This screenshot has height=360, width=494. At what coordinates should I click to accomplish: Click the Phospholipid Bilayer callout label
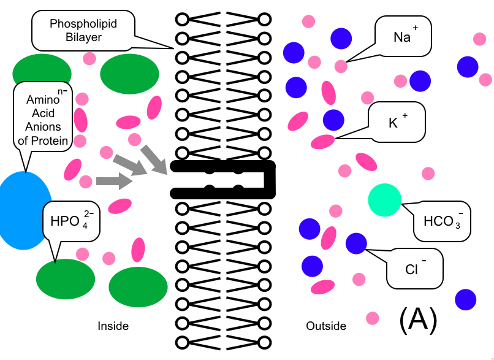coord(83,30)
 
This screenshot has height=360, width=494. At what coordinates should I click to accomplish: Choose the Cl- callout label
coord(414,268)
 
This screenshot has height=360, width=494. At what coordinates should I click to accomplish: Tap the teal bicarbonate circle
coord(384,200)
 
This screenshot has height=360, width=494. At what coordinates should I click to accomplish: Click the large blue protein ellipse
coord(25,210)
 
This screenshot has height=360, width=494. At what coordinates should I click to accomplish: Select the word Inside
coord(113,326)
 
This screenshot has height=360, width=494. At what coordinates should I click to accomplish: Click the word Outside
coord(326,326)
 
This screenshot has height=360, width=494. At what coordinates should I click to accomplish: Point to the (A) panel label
coord(418,319)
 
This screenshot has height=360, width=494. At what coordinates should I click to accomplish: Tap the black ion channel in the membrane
coord(224,180)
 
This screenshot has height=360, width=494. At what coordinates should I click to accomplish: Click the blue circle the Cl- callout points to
coord(356,244)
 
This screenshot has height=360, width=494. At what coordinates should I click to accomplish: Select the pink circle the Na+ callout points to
coord(341,66)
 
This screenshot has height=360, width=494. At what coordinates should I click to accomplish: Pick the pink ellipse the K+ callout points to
coord(323,142)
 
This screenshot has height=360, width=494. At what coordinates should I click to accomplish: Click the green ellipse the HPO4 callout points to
coord(66,278)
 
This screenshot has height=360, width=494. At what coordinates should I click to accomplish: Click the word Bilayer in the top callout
coord(83,37)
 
